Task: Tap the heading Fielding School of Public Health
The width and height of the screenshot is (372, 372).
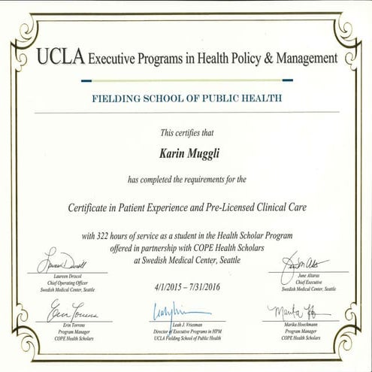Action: (186, 98)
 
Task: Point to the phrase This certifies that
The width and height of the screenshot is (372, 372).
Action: (186, 133)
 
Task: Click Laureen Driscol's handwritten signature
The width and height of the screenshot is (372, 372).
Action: (62, 265)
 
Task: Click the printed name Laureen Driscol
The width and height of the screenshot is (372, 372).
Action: (62, 277)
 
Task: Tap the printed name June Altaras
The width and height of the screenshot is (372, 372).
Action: (308, 277)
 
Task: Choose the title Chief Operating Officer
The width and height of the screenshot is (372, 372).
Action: (62, 283)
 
